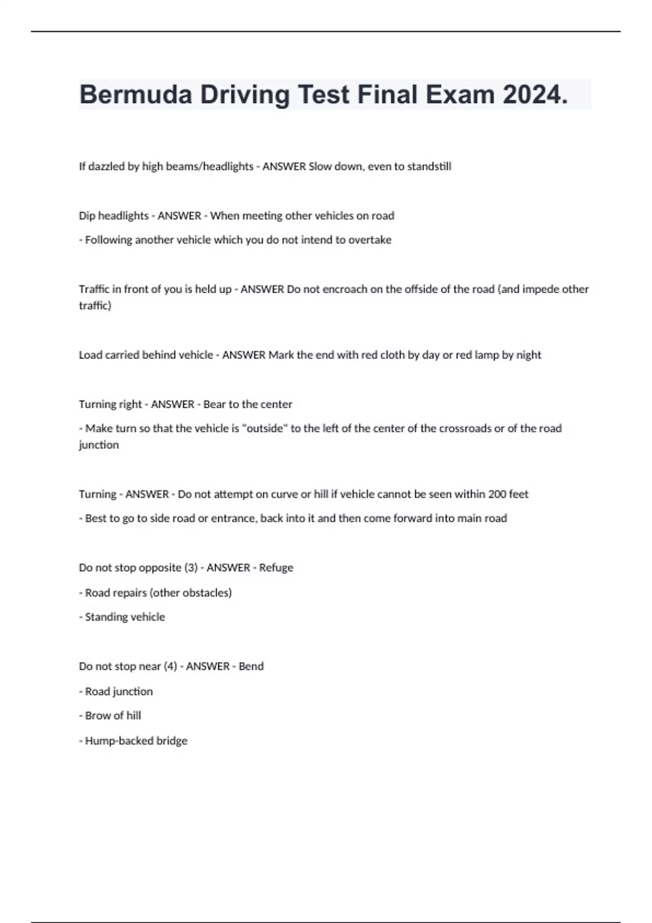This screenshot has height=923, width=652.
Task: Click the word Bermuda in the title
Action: coord(135,95)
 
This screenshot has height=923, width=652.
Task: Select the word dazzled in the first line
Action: coord(106,166)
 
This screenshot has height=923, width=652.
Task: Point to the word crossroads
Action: coord(466,428)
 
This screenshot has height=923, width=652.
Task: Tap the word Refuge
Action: coord(276,568)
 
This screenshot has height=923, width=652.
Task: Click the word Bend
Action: coord(251,667)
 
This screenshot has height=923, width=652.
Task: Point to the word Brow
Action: coord(97,716)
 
